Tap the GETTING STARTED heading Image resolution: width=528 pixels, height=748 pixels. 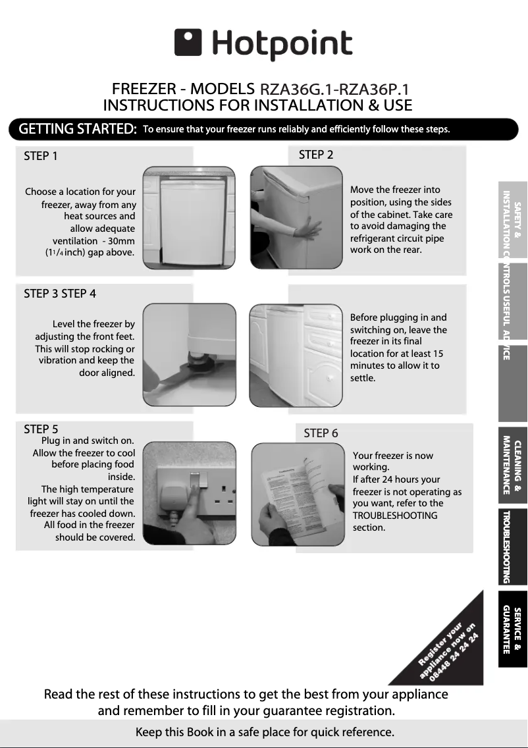78,129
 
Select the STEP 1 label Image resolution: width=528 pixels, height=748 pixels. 41,156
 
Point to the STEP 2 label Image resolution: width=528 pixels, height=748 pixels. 316,155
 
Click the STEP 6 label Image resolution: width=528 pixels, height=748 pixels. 321,433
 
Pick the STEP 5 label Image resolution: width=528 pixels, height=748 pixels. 41,429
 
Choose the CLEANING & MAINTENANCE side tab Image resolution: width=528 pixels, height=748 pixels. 512,464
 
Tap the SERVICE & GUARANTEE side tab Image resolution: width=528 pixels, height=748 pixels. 512,629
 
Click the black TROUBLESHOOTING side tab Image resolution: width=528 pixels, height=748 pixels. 512,547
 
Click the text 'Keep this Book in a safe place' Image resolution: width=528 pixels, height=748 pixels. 264,732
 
